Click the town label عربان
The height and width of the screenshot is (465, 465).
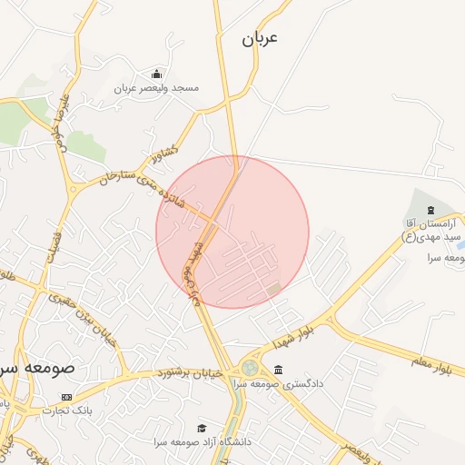[259, 38]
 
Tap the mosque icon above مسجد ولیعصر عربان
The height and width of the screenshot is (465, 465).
[157, 74]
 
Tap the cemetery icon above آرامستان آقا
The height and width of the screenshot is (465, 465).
[430, 210]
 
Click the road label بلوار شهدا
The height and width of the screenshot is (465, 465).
[292, 338]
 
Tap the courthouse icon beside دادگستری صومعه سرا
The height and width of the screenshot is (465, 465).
[277, 370]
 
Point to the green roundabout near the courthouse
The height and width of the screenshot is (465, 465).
[249, 368]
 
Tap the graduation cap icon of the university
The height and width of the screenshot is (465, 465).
[202, 428]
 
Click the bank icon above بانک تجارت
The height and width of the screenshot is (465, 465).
[65, 397]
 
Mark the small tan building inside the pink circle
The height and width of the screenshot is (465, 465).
[274, 289]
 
